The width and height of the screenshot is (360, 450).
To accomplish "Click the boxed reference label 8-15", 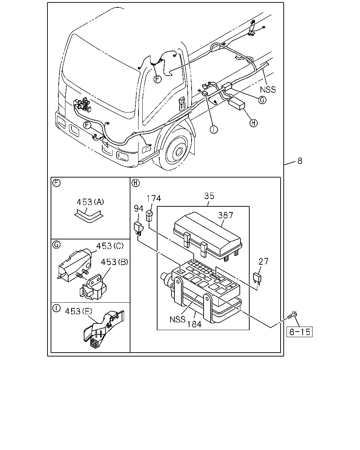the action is pos(299,332).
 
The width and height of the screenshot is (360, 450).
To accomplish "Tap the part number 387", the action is pos(225,215).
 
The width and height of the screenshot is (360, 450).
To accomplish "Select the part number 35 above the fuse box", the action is pos(209,196).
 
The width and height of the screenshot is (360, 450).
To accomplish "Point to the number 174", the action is pos(154,198).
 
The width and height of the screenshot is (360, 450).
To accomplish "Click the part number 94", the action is pos(139,208).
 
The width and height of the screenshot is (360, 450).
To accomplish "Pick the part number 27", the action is pos(263,261).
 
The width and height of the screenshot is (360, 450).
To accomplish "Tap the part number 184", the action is pos(194,324).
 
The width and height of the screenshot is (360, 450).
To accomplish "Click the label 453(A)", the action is pos(90,202).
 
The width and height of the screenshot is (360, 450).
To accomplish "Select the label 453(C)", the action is pos(110,246).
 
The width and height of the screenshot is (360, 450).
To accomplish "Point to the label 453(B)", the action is pos(114,262).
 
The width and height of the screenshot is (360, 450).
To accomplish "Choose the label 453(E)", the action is pos(78,311).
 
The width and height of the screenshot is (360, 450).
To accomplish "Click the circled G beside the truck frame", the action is pos(262,100).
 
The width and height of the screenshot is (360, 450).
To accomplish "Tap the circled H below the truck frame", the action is pos(253,123).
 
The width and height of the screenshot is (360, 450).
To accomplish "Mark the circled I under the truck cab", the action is pos(214,129).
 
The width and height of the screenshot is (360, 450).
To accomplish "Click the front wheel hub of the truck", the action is pos(178,151).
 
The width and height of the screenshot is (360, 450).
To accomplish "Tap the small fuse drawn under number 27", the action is pos(257,278).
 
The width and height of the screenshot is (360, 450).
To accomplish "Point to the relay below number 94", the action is pos(138,229).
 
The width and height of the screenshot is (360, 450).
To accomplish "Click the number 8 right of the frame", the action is pos(300,161).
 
